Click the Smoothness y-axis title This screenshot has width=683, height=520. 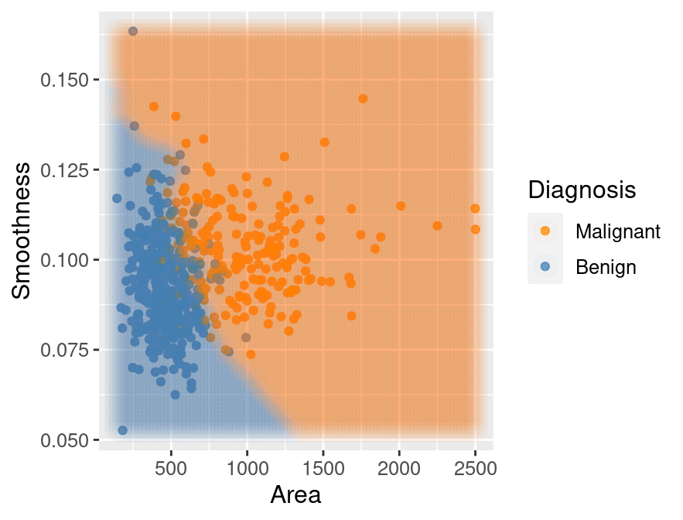(23, 230)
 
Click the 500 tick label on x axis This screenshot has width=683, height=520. (171, 469)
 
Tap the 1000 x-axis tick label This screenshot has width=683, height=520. (247, 469)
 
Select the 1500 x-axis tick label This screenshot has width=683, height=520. (323, 469)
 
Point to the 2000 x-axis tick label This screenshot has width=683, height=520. (399, 469)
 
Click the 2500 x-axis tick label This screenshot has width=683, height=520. (475, 469)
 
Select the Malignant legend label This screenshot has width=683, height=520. (617, 231)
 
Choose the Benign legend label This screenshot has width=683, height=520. (606, 267)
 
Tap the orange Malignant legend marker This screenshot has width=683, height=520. (545, 231)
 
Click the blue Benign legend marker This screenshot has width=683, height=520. (545, 267)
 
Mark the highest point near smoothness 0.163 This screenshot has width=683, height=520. (133, 31)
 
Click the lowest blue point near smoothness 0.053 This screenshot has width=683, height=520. (123, 430)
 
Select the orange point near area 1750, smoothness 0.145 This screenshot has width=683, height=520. (363, 98)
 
